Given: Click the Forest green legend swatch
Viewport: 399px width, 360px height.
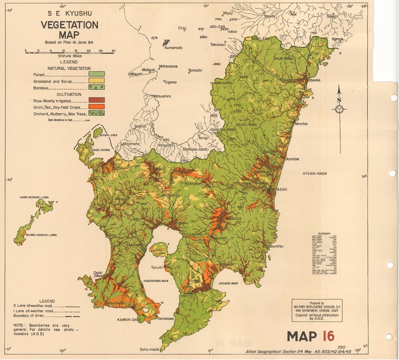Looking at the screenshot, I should [x=97, y=74].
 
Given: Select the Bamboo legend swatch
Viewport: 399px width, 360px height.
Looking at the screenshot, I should [x=97, y=87].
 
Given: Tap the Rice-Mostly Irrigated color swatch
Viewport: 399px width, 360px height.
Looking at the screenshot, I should [x=97, y=100].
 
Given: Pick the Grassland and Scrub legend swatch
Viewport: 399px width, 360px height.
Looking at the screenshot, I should [x=97, y=80].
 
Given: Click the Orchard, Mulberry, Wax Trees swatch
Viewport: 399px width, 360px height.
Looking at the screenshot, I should [x=97, y=113].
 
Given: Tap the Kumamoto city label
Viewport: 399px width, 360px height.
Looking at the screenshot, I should [x=173, y=47].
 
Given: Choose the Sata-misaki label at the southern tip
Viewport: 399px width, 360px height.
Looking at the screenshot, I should [x=149, y=350].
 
